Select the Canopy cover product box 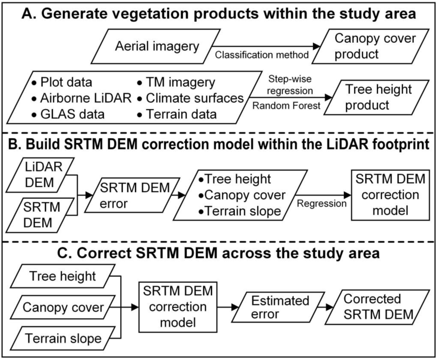[374, 46]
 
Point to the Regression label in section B [321, 203]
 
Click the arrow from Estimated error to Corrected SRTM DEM [325, 307]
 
